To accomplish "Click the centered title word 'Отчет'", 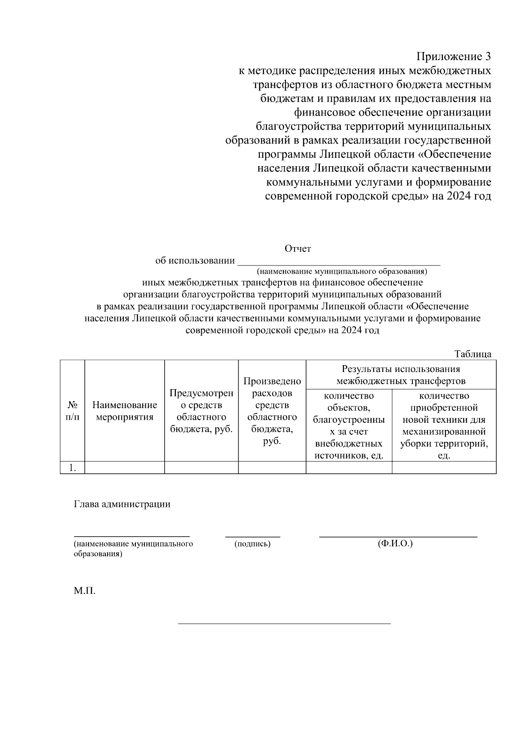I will click(298, 248).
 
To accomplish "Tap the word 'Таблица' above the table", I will click(473, 354).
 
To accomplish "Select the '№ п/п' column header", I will click(72, 411).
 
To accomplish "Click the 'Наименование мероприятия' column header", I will click(125, 411).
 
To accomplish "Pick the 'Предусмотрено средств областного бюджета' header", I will click(201, 411).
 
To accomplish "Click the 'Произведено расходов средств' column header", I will click(272, 411).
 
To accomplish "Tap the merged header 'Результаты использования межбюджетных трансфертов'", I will click(401, 375).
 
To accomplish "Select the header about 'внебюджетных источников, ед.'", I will click(349, 425).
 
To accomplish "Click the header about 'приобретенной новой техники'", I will click(444, 425).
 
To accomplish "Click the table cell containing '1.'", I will click(73, 468).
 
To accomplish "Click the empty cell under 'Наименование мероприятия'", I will click(125, 468).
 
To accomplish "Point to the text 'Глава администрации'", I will click(122, 504).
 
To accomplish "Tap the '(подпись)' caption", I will click(252, 544).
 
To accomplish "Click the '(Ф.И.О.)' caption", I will click(395, 543).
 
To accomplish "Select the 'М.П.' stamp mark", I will click(84, 591).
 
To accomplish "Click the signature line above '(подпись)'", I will click(252, 537).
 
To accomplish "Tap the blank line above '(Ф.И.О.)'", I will click(398, 537).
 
